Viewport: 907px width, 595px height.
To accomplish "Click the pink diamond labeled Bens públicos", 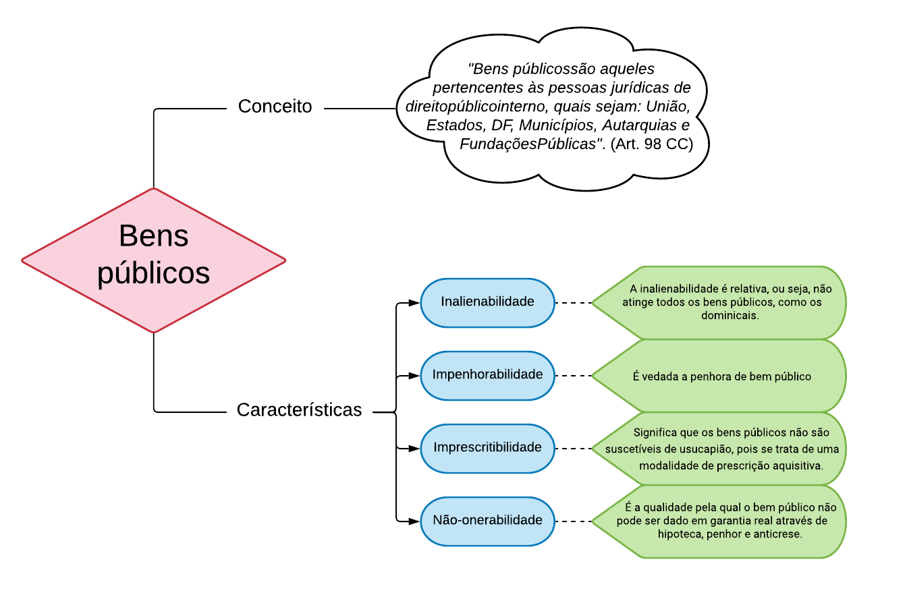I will tap(154, 260).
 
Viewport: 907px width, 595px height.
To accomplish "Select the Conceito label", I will tap(275, 107).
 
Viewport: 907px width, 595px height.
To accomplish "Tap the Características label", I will tap(299, 410).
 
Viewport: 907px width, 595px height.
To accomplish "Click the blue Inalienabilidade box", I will tap(487, 302).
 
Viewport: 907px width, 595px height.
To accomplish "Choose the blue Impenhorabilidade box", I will tap(487, 375).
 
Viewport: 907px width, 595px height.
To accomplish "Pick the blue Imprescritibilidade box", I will tap(487, 448).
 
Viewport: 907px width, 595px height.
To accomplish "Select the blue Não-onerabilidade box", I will tap(487, 521).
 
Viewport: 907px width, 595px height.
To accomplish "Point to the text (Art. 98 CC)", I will tap(651, 144).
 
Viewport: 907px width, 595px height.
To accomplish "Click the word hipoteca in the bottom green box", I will tap(682, 534).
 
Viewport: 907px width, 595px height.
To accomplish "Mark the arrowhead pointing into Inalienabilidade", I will tap(414, 303).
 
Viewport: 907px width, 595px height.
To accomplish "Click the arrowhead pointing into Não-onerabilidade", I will tap(414, 521).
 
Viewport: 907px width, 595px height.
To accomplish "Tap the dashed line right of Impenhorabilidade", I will tap(574, 376).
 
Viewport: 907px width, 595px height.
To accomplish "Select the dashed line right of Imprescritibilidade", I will tap(574, 449).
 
